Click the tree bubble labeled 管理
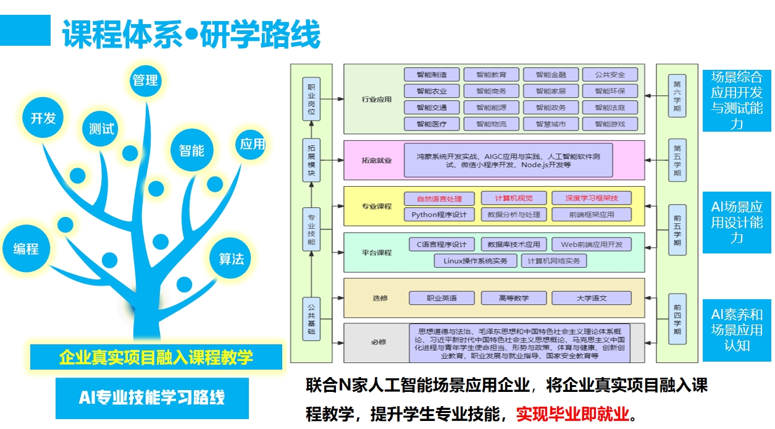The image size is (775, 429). tap(145, 80)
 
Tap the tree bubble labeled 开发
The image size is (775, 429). tap(43, 118)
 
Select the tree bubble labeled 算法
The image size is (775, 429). tap(232, 258)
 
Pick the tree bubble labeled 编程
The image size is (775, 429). tap(26, 248)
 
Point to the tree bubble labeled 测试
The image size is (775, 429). tap(102, 129)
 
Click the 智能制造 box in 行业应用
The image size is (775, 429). tap(432, 75)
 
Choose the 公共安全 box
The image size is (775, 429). tap(610, 75)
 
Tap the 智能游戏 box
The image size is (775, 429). tap(610, 124)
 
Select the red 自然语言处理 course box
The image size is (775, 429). tap(439, 198)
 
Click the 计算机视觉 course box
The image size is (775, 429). tap(513, 198)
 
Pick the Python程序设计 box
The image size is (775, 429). tap(439, 214)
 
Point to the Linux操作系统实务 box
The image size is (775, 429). tap(475, 261)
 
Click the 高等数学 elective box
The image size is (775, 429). tap(513, 298)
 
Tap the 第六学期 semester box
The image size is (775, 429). tap(677, 95)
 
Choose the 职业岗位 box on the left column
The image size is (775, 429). tap(311, 98)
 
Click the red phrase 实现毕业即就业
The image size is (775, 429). tap(572, 413)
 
